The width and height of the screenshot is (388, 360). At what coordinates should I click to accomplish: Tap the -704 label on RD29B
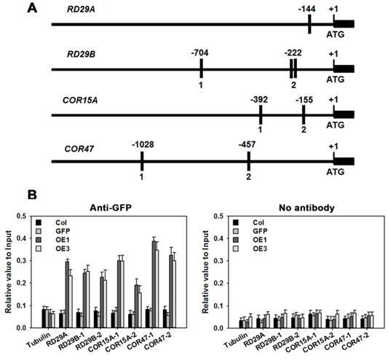200,52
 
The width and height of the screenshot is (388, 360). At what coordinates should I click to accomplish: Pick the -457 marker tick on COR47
248,160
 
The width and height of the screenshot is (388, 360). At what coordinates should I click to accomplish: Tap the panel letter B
32,195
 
